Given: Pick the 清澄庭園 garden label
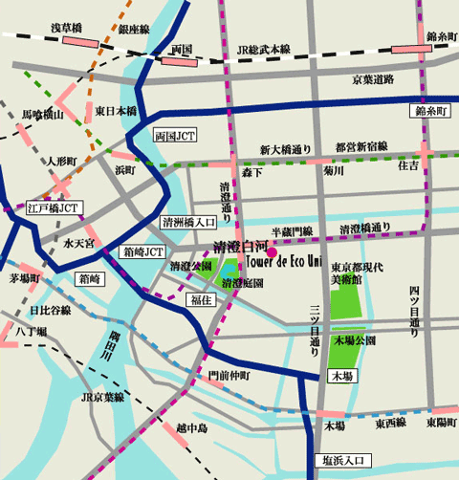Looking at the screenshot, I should (x=243, y=284).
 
